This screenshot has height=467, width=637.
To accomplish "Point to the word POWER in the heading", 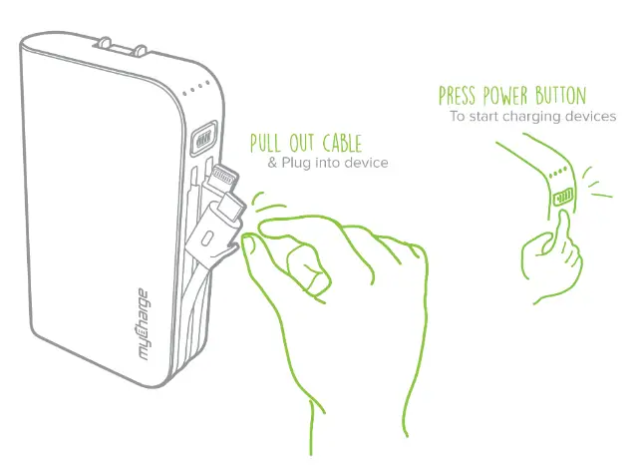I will click(511, 97).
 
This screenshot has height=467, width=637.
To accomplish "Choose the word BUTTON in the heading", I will click(562, 97).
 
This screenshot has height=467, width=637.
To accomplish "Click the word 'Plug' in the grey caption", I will click(299, 163).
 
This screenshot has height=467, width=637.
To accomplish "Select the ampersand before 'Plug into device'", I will click(272, 163).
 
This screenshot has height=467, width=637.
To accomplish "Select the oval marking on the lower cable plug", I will click(207, 239).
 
